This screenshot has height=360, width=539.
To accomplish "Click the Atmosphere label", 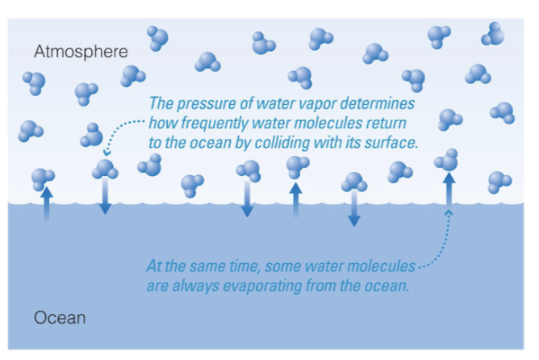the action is pyautogui.click(x=81, y=52).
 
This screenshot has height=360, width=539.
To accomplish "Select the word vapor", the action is pyautogui.click(x=327, y=105).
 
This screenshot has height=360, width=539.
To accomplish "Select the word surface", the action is pyautogui.click(x=387, y=143).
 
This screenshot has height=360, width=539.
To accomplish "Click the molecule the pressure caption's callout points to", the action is pyautogui.click(x=105, y=169).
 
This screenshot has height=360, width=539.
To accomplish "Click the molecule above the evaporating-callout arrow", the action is pyautogui.click(x=446, y=161).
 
